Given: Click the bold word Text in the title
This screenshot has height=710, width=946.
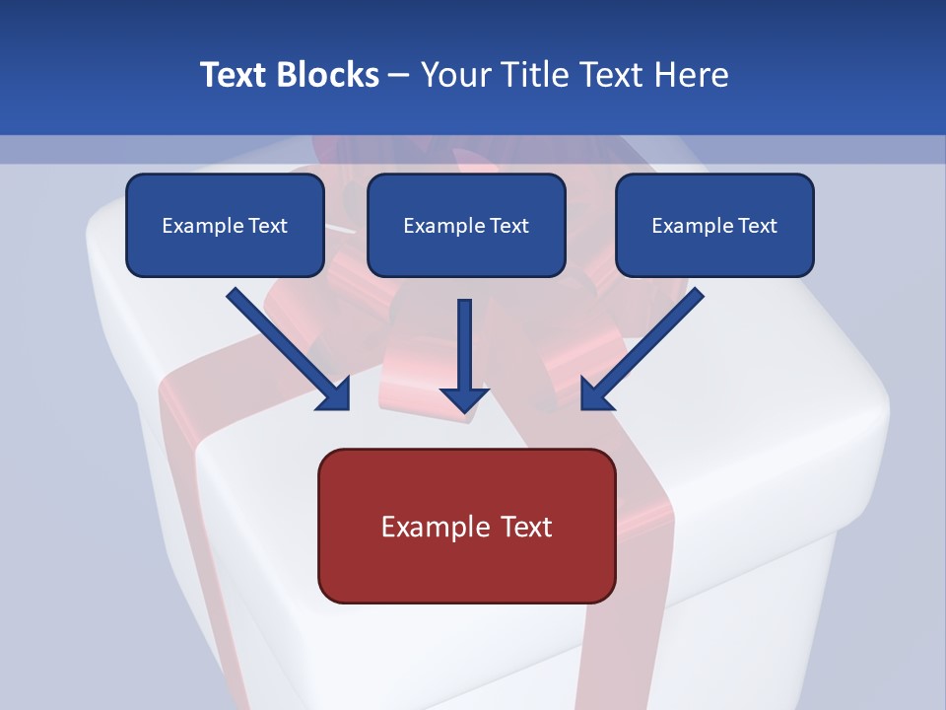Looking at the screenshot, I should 235,75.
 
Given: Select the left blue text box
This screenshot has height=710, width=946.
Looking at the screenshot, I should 225,226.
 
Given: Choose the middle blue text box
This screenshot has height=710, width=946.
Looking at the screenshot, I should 466,226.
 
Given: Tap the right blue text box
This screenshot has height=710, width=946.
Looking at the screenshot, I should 714,226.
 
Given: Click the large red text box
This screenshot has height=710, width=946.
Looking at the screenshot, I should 466,526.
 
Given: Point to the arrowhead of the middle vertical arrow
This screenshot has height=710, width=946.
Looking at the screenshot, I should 464,398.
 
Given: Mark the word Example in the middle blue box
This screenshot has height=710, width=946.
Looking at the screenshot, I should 444,226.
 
